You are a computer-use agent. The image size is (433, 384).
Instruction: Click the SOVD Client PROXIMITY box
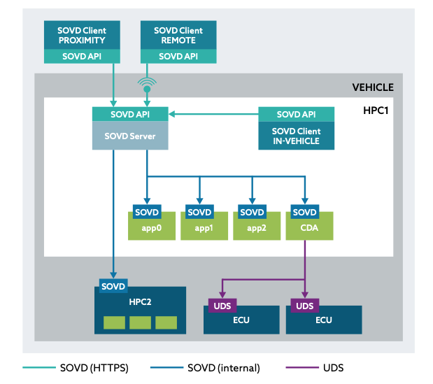click(x=81, y=35)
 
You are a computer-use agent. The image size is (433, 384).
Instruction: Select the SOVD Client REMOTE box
click(x=178, y=35)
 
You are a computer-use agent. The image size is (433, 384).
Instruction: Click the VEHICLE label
click(x=373, y=87)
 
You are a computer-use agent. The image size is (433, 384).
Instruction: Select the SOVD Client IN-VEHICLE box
click(x=296, y=136)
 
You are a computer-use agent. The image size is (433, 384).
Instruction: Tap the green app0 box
click(x=147, y=228)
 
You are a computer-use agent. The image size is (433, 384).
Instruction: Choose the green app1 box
click(x=199, y=228)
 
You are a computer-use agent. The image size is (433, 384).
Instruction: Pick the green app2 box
click(x=252, y=228)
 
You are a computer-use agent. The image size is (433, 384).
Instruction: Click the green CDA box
click(x=305, y=228)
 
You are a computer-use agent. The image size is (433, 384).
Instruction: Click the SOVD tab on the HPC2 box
click(x=113, y=286)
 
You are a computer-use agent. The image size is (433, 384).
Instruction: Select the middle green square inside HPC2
click(x=140, y=322)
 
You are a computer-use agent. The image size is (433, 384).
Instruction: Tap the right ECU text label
click(x=324, y=320)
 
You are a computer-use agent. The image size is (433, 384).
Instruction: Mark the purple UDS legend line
click(x=302, y=368)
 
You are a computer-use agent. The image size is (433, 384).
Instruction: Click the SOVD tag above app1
click(x=199, y=212)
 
